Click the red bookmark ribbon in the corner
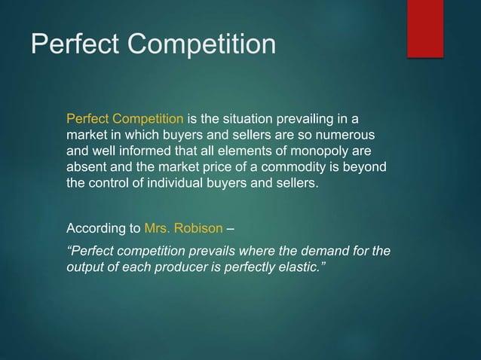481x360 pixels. click(x=425, y=28)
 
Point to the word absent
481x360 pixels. click(x=85, y=167)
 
